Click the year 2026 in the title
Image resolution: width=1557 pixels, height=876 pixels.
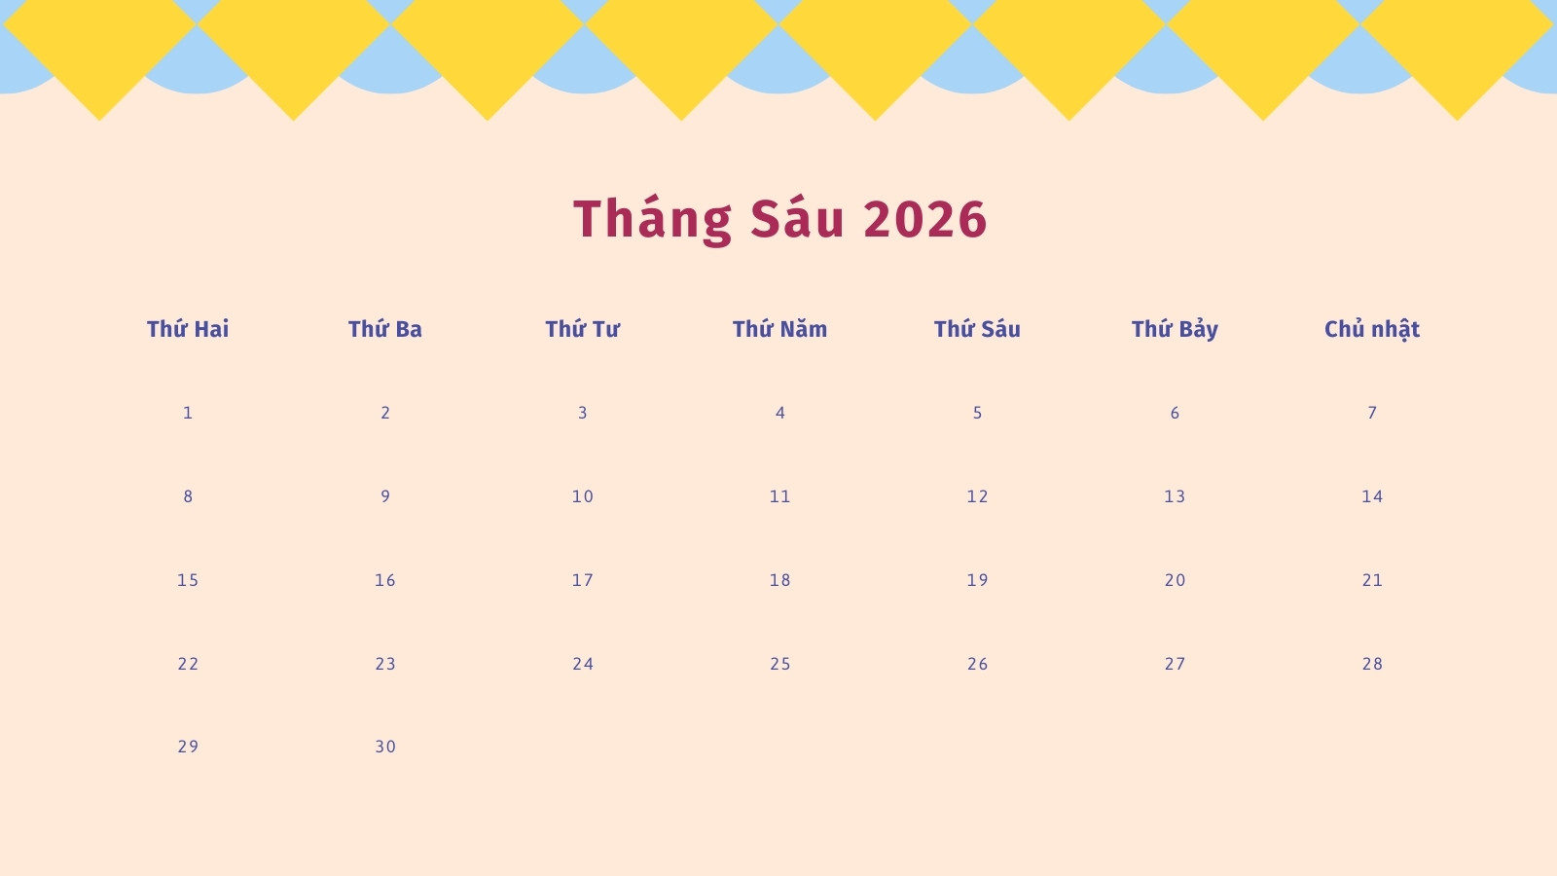click(925, 220)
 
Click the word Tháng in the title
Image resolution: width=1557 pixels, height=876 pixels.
click(653, 220)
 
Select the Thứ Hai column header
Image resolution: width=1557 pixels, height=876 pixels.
click(188, 329)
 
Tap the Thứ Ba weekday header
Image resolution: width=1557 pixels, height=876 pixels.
click(385, 329)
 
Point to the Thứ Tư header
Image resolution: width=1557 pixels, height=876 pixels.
click(583, 329)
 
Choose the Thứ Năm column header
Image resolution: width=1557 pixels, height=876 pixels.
click(779, 329)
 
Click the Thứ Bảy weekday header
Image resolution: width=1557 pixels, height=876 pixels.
click(1175, 329)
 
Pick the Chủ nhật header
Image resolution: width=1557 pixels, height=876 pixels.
click(1372, 329)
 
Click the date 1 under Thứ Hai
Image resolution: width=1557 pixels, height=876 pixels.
click(188, 413)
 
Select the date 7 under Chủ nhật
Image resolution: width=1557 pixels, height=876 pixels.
click(1372, 413)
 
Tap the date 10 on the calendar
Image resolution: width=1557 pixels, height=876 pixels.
click(583, 496)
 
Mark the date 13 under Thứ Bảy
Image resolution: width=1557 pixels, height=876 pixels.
click(1175, 496)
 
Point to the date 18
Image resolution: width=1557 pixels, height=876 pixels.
click(779, 580)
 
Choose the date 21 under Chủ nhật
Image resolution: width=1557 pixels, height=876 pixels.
click(1372, 580)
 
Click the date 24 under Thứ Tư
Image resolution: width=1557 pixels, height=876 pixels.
click(583, 664)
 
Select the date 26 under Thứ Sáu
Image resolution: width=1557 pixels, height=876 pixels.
click(977, 664)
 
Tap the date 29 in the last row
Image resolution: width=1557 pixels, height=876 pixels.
click(188, 747)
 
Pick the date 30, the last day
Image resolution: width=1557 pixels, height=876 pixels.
click(385, 747)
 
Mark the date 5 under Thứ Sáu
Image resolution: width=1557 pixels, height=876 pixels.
click(977, 413)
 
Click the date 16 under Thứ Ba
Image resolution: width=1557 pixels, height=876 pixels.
click(385, 580)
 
